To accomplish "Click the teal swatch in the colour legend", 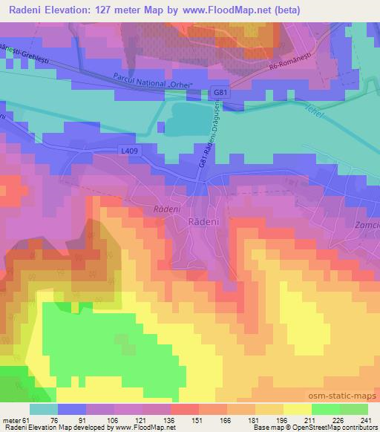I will pos(43,409).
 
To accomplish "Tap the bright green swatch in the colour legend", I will pos(326,409).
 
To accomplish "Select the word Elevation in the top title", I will pos(64,8).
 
